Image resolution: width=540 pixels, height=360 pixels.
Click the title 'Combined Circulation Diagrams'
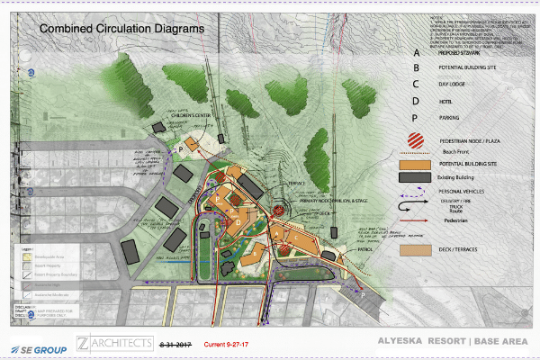point(121,29)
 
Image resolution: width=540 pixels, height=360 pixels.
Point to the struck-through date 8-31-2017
point(176,344)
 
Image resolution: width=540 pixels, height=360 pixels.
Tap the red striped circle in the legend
point(416,140)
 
